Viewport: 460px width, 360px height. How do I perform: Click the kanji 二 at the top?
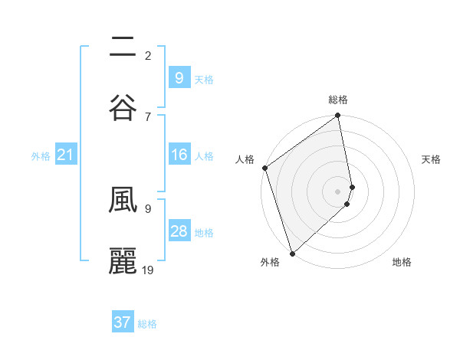pos(123,47)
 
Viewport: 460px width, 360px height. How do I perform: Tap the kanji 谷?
pos(123,106)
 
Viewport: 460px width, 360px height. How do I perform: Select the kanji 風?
pos(123,201)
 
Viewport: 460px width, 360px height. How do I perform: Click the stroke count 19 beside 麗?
pos(149,270)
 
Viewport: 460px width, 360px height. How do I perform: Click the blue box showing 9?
pos(179,77)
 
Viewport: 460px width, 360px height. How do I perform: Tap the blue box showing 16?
pos(179,155)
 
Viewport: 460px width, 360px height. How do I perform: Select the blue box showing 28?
pos(179,232)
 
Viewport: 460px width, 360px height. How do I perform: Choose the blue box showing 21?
pos(65,155)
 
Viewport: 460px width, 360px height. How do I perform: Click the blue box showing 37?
pos(123,322)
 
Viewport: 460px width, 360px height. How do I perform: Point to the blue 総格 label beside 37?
pos(147,324)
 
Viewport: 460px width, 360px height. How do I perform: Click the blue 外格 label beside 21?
pos(41,156)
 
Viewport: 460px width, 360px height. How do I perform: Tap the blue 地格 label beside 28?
pos(204,233)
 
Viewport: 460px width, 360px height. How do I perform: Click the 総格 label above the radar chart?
pos(338,100)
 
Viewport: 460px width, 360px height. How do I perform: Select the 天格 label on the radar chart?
pos(432,159)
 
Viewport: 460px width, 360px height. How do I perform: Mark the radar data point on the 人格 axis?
pos(265,168)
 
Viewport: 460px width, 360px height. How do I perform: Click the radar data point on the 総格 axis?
pos(338,116)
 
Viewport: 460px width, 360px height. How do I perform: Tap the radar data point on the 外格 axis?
pos(291,253)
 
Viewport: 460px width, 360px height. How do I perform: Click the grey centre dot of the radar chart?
pos(338,191)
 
